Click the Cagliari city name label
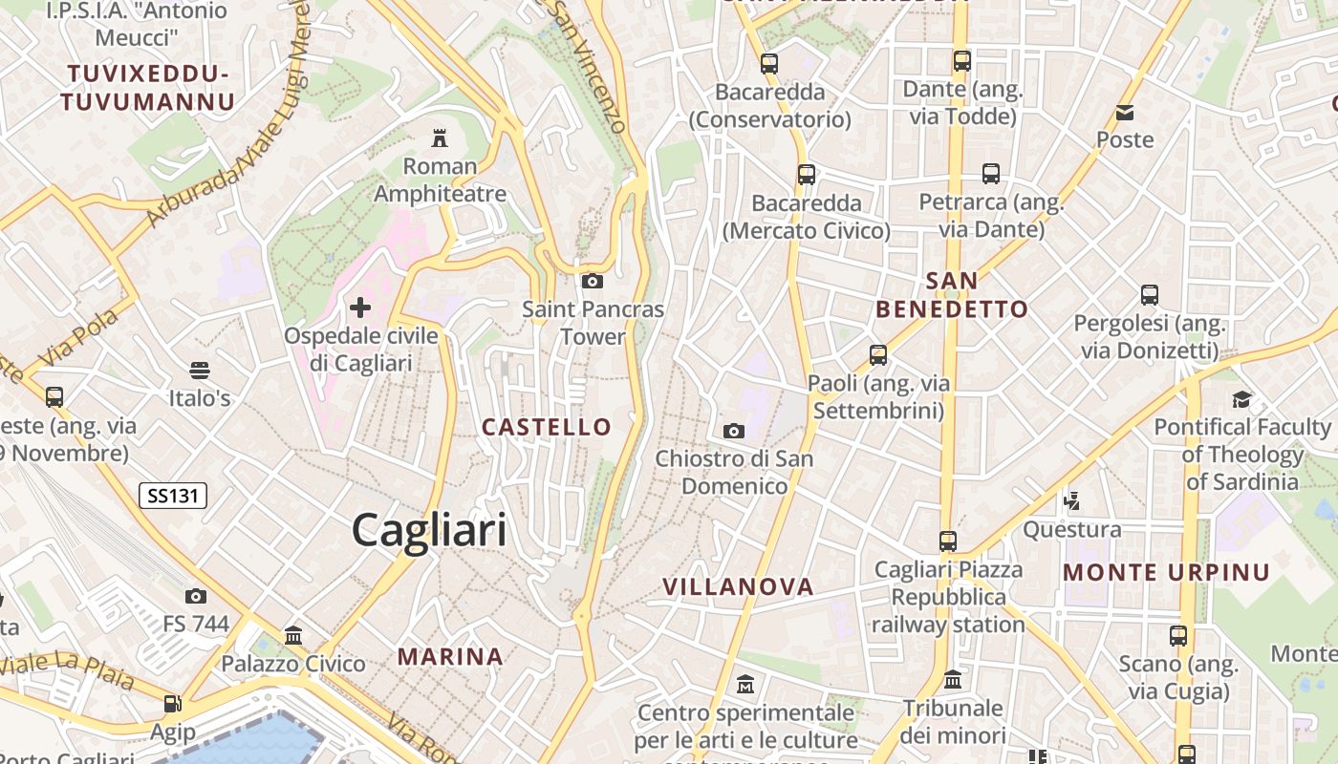[429, 529]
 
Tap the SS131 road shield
[173, 496]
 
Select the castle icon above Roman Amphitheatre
[440, 138]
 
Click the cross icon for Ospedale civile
[360, 308]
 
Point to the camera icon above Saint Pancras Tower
[593, 281]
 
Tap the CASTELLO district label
[547, 427]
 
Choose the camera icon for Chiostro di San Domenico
[734, 431]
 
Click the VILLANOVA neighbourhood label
[739, 586]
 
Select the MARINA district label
[450, 656]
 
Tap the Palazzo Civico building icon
[293, 635]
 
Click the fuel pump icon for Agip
[172, 704]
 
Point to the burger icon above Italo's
[200, 370]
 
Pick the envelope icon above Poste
[1125, 113]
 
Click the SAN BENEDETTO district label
[952, 294]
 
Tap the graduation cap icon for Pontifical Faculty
[1241, 399]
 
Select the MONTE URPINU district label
[1167, 573]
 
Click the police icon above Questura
[1071, 500]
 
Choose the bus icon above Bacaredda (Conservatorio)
[769, 64]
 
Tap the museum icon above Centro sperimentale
[745, 685]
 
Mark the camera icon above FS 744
[196, 597]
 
